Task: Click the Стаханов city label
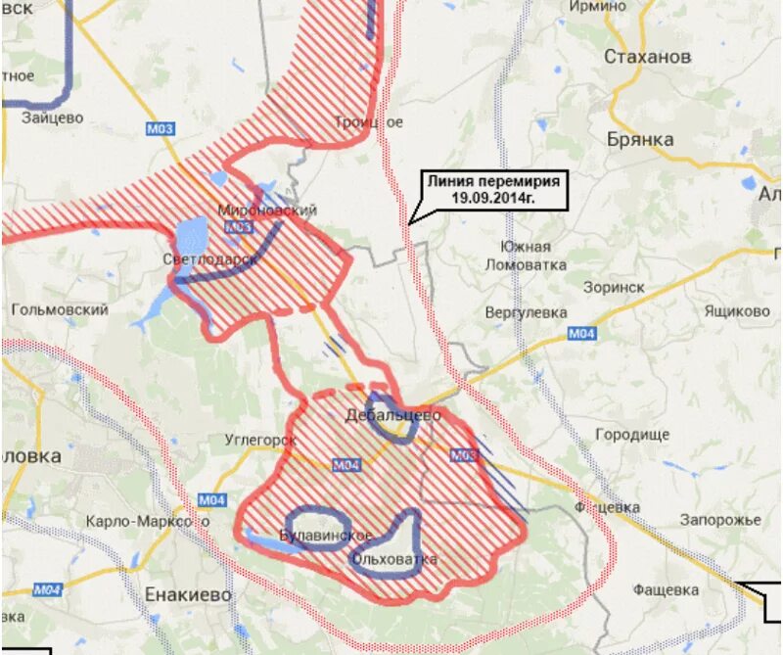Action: (647, 57)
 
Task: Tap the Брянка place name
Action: (640, 140)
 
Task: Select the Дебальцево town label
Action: (393, 415)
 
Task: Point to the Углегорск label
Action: (259, 441)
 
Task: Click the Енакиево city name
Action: (187, 594)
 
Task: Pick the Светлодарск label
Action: (210, 259)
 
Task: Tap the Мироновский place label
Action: (267, 211)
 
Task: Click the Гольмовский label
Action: (60, 309)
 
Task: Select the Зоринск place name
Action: (614, 289)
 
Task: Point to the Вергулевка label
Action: (526, 312)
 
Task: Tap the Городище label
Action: (632, 434)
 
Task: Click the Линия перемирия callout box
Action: (494, 189)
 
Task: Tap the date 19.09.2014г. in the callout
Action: (494, 197)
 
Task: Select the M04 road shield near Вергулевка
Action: (581, 335)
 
